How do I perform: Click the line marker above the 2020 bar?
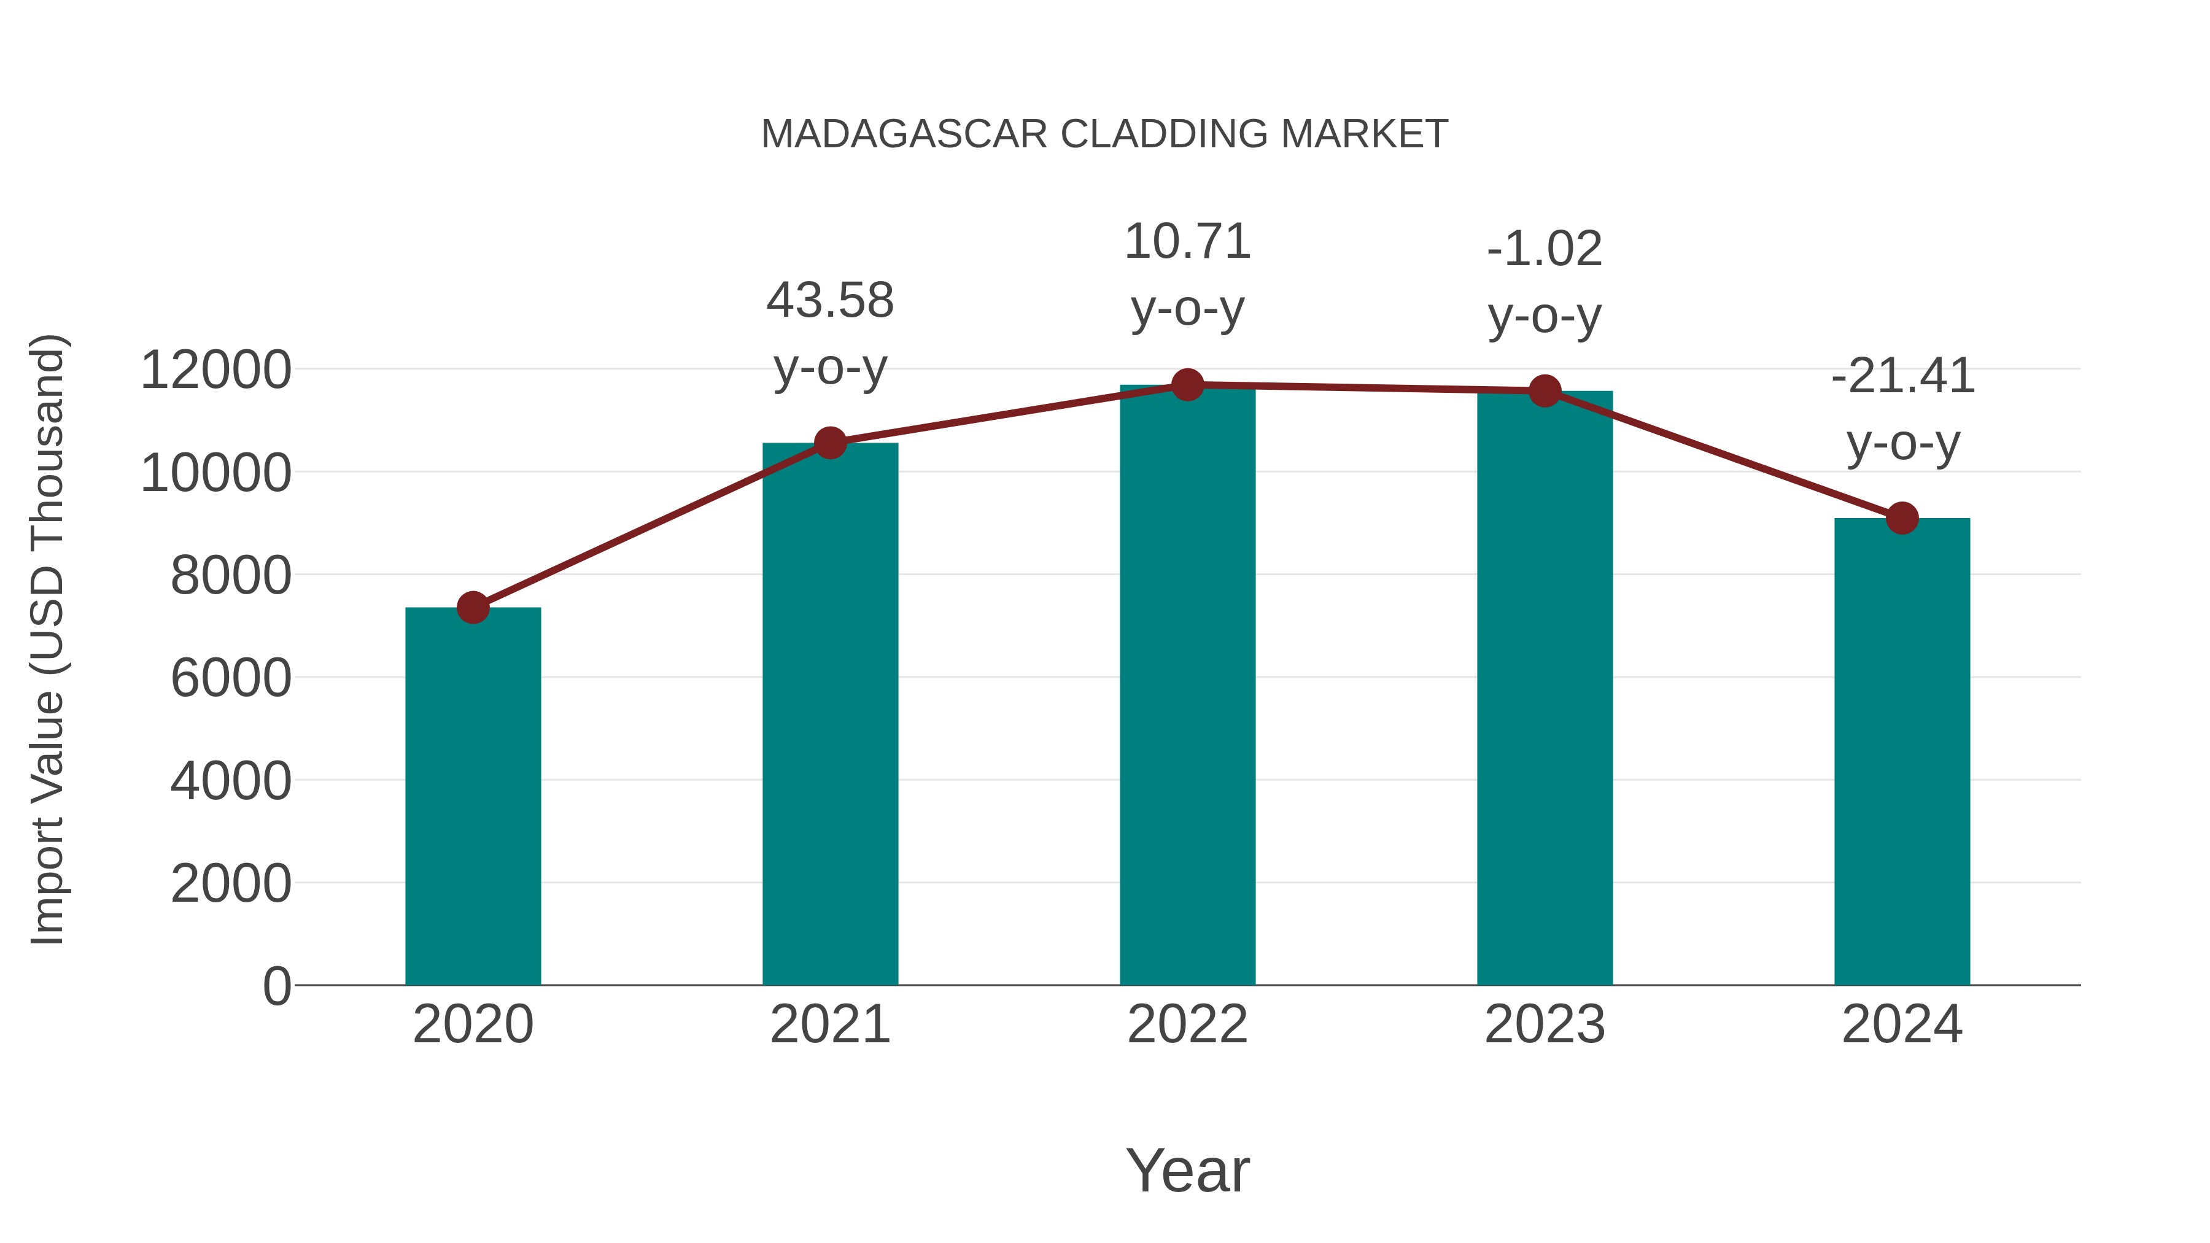pyautogui.click(x=473, y=607)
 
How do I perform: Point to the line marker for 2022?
pyautogui.click(x=1187, y=385)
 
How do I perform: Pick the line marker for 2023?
pyautogui.click(x=1545, y=391)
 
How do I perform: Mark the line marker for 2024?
pyautogui.click(x=1901, y=518)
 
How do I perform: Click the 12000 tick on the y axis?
pyautogui.click(x=215, y=371)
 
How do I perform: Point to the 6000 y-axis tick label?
pyautogui.click(x=231, y=678)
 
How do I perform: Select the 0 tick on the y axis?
pyautogui.click(x=276, y=986)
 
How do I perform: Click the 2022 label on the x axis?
pyautogui.click(x=1187, y=1024)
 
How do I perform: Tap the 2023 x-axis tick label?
pyautogui.click(x=1545, y=1024)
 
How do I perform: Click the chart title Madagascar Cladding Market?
pyautogui.click(x=1104, y=134)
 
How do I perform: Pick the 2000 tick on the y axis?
pyautogui.click(x=231, y=883)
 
